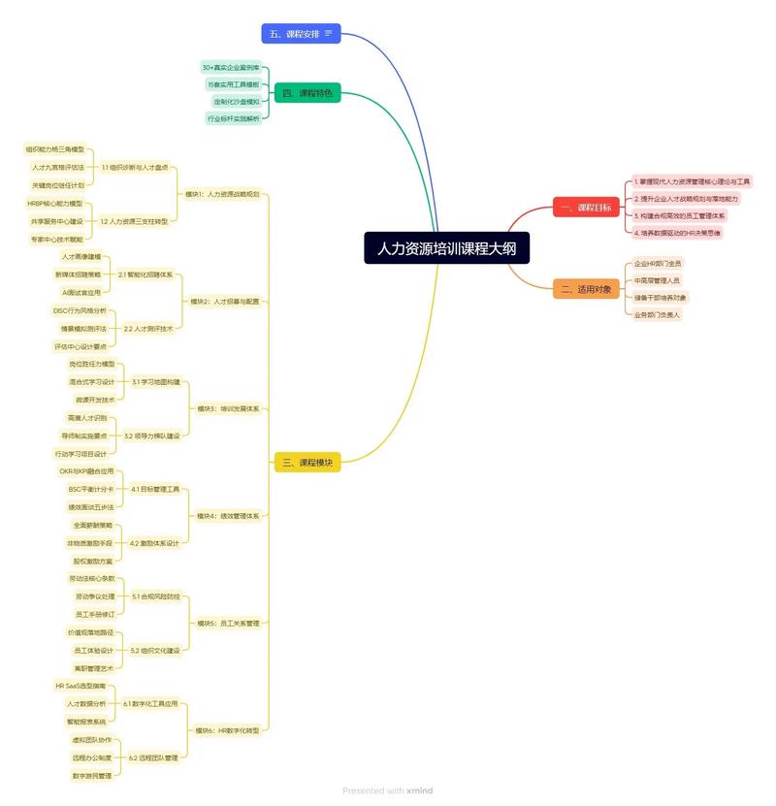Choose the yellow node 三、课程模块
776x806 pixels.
coord(307,463)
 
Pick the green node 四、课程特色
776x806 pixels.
coord(307,93)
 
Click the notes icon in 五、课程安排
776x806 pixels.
coord(329,34)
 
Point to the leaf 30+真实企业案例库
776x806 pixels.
coord(231,68)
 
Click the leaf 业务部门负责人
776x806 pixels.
coord(658,315)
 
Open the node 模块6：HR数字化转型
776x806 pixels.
coord(227,730)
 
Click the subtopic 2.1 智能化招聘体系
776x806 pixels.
coord(145,274)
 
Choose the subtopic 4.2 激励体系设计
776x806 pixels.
coord(155,543)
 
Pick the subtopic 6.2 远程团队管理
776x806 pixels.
coord(153,757)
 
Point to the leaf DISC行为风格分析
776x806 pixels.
coord(80,310)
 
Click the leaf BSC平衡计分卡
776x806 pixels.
coord(84,489)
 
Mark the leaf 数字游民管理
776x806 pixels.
coord(92,775)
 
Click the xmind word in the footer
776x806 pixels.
coord(420,790)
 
